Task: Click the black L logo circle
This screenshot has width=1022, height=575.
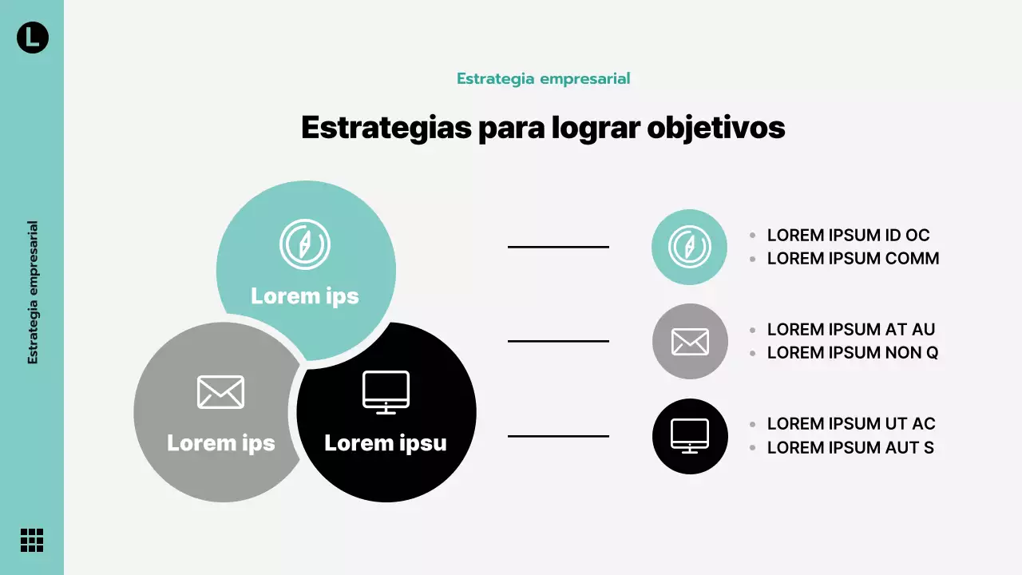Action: tap(33, 37)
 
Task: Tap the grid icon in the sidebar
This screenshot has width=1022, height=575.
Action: tap(32, 540)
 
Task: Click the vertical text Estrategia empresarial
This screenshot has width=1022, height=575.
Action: tap(33, 292)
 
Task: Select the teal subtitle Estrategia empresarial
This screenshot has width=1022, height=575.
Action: tap(543, 78)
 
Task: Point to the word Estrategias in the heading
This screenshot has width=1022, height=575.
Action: tap(386, 128)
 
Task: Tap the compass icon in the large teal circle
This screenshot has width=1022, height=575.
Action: tap(305, 244)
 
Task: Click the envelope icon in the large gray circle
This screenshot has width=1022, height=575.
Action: tap(220, 391)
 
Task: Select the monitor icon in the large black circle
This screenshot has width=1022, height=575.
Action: tap(386, 392)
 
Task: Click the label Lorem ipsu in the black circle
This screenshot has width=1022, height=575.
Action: tap(385, 443)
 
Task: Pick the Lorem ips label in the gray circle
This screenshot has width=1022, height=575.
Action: tap(220, 443)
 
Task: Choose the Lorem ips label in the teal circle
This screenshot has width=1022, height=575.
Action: tap(305, 296)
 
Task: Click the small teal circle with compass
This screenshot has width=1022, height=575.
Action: tap(689, 247)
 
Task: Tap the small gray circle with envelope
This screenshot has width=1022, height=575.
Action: tap(690, 341)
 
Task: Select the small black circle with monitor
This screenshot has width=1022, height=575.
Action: tap(690, 436)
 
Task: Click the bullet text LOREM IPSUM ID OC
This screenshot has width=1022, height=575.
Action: tap(848, 236)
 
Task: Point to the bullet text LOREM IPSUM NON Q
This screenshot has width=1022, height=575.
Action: tap(852, 353)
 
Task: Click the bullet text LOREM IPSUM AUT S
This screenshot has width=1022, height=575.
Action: tap(850, 448)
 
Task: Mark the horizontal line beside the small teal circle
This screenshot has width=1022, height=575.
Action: tap(558, 247)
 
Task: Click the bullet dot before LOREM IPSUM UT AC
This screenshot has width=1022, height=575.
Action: tap(752, 424)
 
